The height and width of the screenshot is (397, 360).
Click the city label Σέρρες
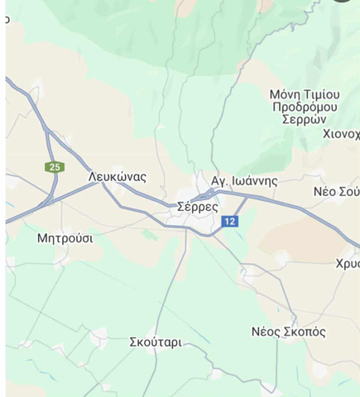[198, 208]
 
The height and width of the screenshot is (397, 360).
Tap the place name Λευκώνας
[117, 177]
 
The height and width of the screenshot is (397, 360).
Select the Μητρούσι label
[65, 238]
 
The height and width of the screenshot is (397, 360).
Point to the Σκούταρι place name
[156, 342]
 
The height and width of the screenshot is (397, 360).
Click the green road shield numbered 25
[55, 167]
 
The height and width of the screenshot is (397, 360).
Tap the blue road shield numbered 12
[229, 221]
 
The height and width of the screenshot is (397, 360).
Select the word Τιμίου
[329, 94]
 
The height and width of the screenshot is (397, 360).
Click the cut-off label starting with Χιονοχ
[341, 134]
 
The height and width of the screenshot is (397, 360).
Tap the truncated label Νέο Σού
[336, 191]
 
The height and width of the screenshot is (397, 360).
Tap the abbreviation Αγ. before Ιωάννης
[219, 180]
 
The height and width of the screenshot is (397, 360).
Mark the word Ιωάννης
[254, 180]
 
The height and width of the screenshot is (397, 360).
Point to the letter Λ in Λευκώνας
[92, 177]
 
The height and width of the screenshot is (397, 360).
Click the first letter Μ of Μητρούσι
[42, 238]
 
